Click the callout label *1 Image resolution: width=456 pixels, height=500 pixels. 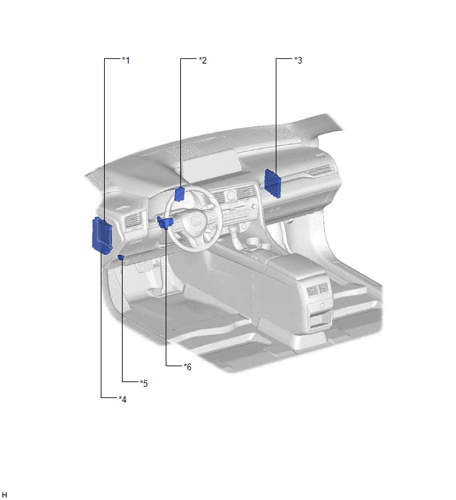(x=126, y=60)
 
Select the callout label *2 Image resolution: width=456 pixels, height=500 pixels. (x=203, y=60)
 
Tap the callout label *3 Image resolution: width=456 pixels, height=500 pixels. (x=298, y=60)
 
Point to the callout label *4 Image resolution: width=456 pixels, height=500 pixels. (x=123, y=399)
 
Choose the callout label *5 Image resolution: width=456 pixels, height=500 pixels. (x=144, y=383)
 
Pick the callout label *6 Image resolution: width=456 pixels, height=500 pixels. (x=188, y=367)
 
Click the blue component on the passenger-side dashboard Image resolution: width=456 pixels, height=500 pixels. (x=273, y=183)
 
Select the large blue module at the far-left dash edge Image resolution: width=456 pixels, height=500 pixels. (x=102, y=235)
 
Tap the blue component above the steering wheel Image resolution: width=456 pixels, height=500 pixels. (x=180, y=194)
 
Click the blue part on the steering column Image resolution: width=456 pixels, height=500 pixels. (x=164, y=223)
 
